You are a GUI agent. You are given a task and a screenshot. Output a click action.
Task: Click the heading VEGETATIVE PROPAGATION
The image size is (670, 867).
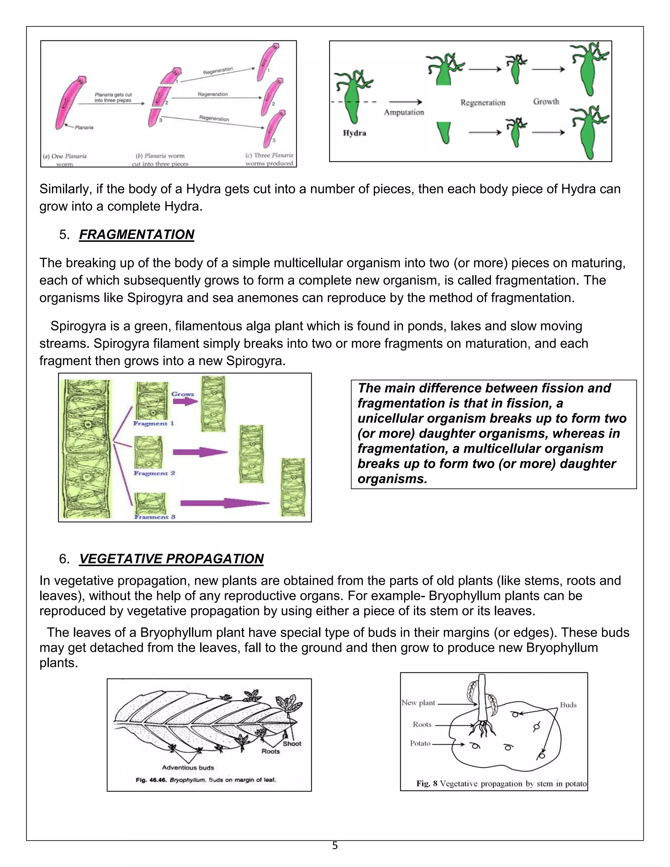tap(171, 558)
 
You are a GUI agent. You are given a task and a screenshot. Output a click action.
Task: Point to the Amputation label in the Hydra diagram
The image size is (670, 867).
tap(404, 112)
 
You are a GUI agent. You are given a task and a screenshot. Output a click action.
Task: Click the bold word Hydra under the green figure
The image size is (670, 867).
tap(354, 133)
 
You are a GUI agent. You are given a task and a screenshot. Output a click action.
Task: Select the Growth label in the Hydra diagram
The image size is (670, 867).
tap(546, 102)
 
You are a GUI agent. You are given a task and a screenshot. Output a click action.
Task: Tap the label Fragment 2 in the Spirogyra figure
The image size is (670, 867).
tap(154, 473)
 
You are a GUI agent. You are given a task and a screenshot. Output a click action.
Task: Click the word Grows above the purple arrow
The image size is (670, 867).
tap(183, 394)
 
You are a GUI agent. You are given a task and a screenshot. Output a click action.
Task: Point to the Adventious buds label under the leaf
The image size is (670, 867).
tap(188, 768)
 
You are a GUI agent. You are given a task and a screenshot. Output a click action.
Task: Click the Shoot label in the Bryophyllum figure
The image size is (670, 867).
tap(292, 744)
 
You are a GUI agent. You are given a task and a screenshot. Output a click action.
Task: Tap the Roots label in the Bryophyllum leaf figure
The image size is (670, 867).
tap(271, 751)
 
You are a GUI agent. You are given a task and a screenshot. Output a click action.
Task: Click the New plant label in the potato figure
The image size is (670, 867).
tap(418, 703)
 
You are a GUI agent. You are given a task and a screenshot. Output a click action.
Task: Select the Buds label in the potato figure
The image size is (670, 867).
tap(568, 705)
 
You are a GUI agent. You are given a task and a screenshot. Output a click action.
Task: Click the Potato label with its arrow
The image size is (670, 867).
tap(420, 743)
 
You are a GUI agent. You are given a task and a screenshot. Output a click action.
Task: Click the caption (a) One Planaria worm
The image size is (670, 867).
tap(65, 160)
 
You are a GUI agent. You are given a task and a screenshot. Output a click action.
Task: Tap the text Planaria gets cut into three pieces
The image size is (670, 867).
tap(113, 97)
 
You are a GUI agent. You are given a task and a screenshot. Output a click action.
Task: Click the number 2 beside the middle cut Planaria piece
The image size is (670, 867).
tap(167, 103)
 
